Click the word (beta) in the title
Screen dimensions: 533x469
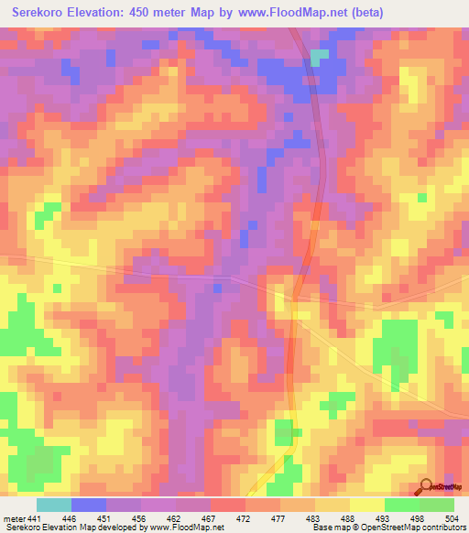(x=365, y=13)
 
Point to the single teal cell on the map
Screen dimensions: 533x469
(x=318, y=57)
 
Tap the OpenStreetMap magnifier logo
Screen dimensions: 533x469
(x=427, y=488)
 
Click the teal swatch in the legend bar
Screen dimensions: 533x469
(x=53, y=505)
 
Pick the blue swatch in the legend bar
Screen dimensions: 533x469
(x=88, y=505)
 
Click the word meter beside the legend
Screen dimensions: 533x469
(x=13, y=518)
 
